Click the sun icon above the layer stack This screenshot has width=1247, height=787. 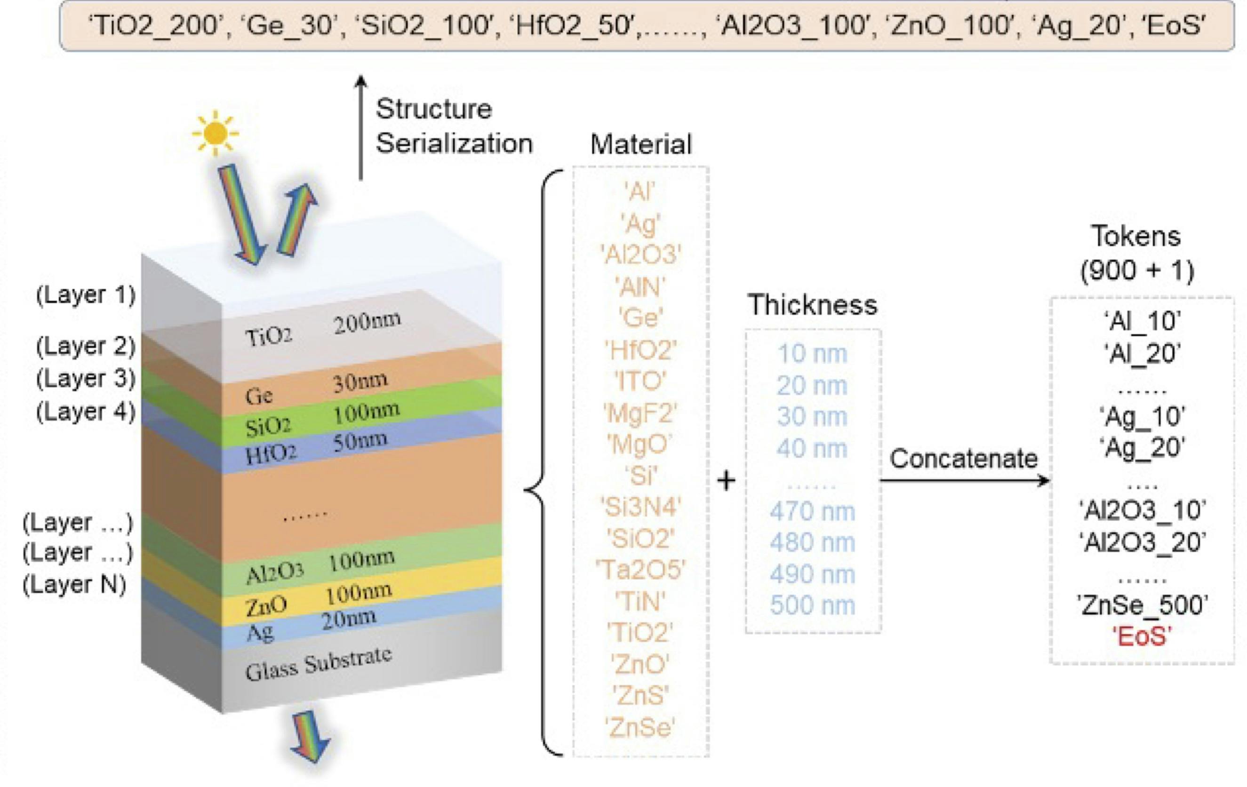pyautogui.click(x=215, y=133)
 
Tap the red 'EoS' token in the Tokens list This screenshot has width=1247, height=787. pyautogui.click(x=1142, y=636)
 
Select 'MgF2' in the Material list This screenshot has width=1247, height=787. pyautogui.click(x=640, y=413)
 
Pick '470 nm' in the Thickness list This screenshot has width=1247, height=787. pyautogui.click(x=812, y=511)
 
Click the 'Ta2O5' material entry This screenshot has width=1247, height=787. pyautogui.click(x=640, y=570)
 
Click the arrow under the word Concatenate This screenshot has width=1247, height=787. pyautogui.click(x=963, y=480)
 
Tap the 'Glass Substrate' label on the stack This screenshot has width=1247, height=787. pyautogui.click(x=319, y=664)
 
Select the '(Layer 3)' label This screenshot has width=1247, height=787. pyautogui.click(x=86, y=379)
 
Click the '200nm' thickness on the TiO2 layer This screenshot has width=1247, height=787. pyautogui.click(x=367, y=322)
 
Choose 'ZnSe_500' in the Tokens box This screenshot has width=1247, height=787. pyautogui.click(x=1142, y=605)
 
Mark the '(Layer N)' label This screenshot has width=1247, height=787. pyautogui.click(x=74, y=585)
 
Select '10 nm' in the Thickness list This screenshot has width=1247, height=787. pyautogui.click(x=812, y=354)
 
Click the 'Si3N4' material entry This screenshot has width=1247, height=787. pyautogui.click(x=640, y=508)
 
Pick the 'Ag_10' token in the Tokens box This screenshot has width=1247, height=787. pyautogui.click(x=1142, y=416)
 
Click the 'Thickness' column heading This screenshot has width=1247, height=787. pyautogui.click(x=812, y=304)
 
